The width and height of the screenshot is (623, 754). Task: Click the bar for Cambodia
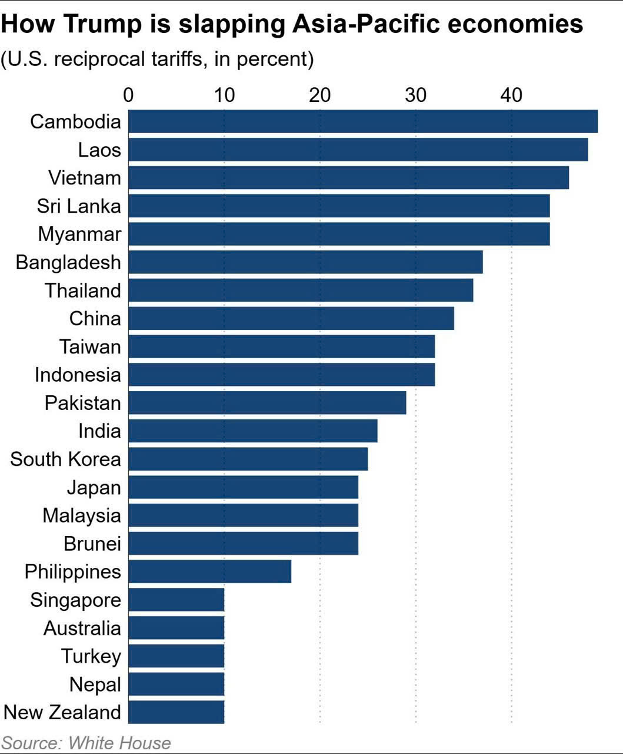pyautogui.click(x=362, y=121)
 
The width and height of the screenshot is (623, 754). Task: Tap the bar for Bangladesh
pyautogui.click(x=305, y=262)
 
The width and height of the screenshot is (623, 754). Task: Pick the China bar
pyautogui.click(x=291, y=319)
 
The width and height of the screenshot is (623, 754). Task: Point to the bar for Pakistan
pyautogui.click(x=267, y=403)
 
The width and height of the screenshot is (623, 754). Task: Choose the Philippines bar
pyautogui.click(x=209, y=571)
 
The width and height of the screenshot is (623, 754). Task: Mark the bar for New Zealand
pyautogui.click(x=176, y=712)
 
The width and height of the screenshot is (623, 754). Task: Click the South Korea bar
pyautogui.click(x=248, y=459)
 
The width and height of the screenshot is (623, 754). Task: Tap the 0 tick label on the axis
pyautogui.click(x=128, y=95)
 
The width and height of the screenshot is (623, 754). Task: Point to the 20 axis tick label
pyautogui.click(x=320, y=95)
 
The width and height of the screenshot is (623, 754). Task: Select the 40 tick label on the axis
pyautogui.click(x=512, y=95)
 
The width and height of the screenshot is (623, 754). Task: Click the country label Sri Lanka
pyautogui.click(x=79, y=206)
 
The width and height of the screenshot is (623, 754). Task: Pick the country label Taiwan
pyautogui.click(x=90, y=347)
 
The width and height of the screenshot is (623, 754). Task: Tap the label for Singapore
pyautogui.click(x=75, y=600)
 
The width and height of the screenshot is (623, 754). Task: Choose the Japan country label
pyautogui.click(x=94, y=487)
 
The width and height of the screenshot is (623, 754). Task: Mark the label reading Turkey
pyautogui.click(x=91, y=656)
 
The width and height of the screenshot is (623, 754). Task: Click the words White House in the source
pyautogui.click(x=119, y=743)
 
